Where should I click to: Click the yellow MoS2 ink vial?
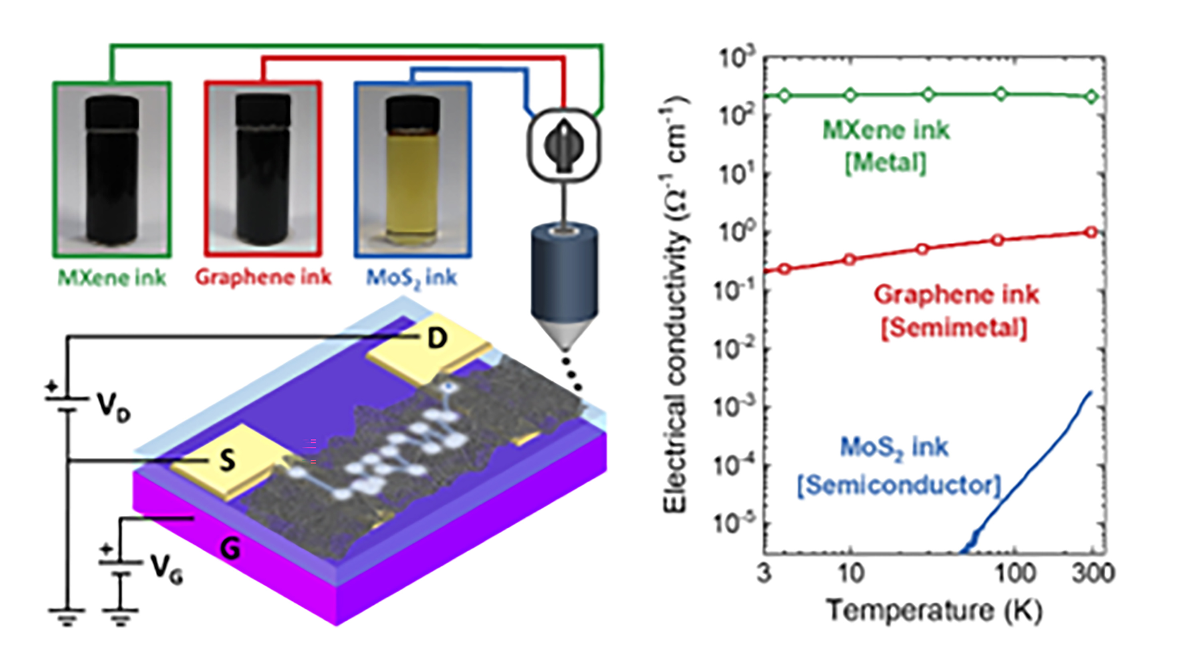[412, 172]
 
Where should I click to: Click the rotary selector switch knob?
[563, 145]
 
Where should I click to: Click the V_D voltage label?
[113, 407]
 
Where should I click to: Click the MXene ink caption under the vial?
[112, 277]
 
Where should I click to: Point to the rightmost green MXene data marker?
[1091, 97]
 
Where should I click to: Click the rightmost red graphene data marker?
[1091, 232]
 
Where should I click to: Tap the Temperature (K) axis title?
[934, 610]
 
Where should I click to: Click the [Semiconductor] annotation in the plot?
[898, 486]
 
